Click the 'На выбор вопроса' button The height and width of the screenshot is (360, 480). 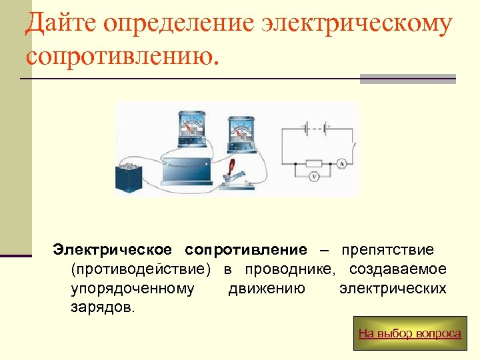[409, 333]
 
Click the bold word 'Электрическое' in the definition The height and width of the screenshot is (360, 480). [113, 250]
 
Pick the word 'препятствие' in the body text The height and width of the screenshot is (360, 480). [387, 250]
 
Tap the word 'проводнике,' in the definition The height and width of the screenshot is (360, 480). [290, 269]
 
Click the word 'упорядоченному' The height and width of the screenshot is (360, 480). [133, 289]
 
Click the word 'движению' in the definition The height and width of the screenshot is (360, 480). [267, 289]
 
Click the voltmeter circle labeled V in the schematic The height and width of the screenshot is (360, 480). [314, 177]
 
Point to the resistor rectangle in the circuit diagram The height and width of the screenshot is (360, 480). [313, 163]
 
